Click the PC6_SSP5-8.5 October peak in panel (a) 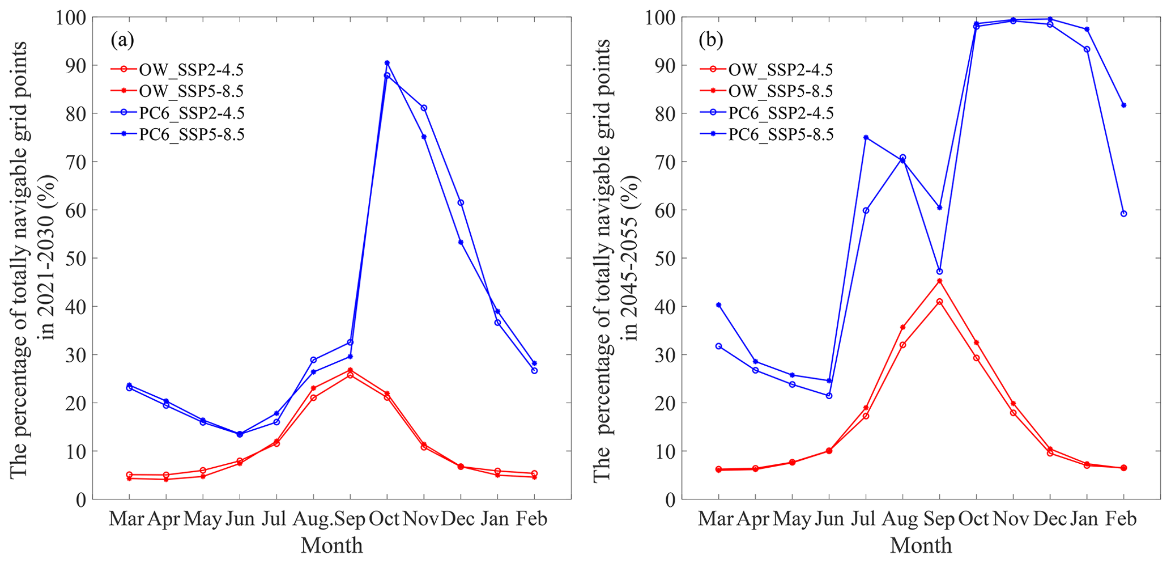[387, 63]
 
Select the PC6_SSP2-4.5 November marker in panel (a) [424, 108]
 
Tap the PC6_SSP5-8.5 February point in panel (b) [1123, 105]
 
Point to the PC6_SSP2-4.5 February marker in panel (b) [1123, 214]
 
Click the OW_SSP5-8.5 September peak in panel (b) [939, 281]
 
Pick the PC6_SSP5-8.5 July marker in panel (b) [866, 137]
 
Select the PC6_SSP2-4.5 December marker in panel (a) [461, 202]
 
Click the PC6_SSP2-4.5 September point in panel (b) [939, 272]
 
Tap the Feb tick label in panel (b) [1121, 519]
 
